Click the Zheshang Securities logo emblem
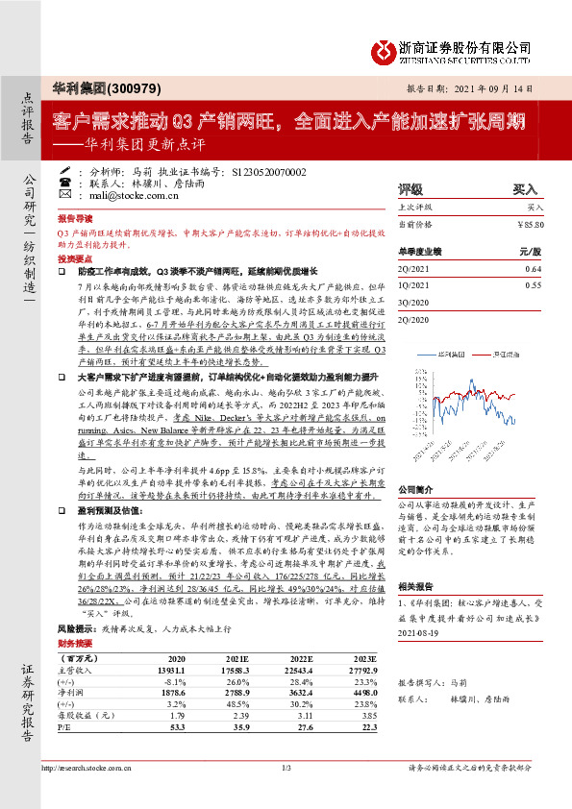(x=383, y=49)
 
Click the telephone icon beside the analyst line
(x=64, y=181)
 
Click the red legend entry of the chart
(x=502, y=355)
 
